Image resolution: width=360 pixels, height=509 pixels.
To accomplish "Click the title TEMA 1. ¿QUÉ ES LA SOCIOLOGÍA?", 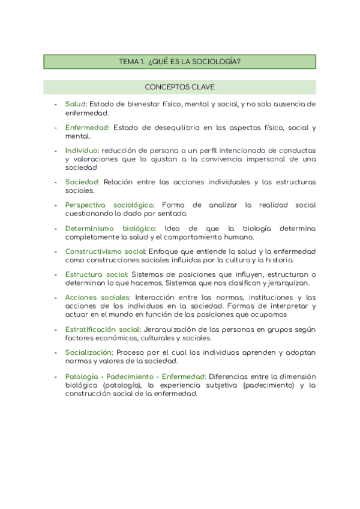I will coord(180,61).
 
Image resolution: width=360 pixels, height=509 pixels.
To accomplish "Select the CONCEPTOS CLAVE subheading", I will coord(180,87).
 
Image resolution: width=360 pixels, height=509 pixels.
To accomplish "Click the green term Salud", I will coord(76,104).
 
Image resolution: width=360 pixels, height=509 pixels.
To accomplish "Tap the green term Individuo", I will coord(82,149).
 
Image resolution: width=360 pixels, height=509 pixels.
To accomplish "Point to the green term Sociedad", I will coord(82,182).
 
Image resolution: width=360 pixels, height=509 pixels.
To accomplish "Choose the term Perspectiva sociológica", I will coord(110,205).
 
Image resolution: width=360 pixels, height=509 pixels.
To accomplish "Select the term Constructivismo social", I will coord(106,251).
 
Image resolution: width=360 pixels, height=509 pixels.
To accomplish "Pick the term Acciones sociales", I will coord(97,297).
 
